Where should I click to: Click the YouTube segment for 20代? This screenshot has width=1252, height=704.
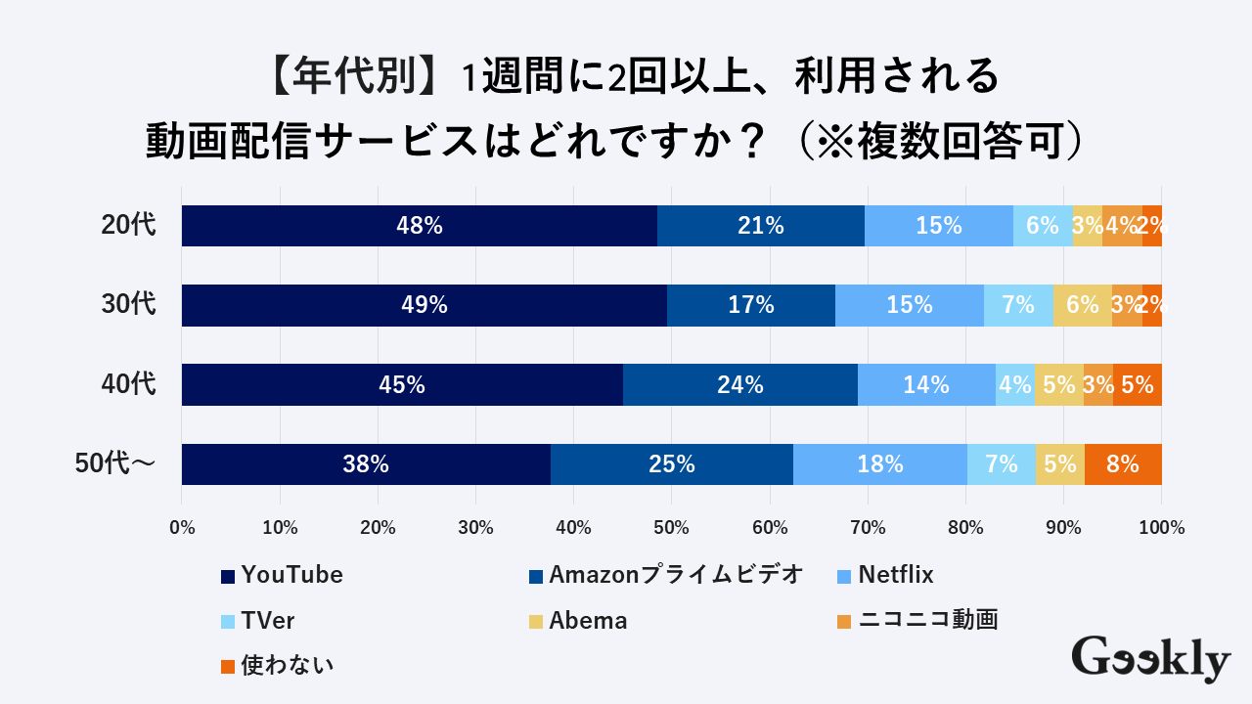[x=420, y=226]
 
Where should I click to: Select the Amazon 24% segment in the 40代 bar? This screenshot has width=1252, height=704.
[x=740, y=385]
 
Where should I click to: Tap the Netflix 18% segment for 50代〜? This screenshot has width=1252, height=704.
[x=880, y=464]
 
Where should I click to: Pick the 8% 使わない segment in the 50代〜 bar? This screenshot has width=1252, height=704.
[x=1123, y=464]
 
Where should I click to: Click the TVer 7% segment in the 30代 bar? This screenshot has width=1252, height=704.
[x=1018, y=305]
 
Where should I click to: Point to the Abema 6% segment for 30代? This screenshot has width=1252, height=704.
[x=1083, y=305]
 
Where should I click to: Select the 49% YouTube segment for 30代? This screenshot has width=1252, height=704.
[x=425, y=305]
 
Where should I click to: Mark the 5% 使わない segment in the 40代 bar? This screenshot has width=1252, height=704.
[x=1138, y=385]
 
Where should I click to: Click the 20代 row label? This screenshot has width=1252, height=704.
[x=128, y=226]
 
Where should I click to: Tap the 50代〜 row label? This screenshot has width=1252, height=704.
[x=115, y=464]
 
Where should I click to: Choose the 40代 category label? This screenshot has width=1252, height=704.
[x=128, y=385]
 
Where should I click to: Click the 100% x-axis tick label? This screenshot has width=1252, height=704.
[x=1161, y=528]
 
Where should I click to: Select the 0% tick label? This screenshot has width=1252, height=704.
[x=182, y=528]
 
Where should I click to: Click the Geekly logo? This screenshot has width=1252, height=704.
[x=1150, y=659]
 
